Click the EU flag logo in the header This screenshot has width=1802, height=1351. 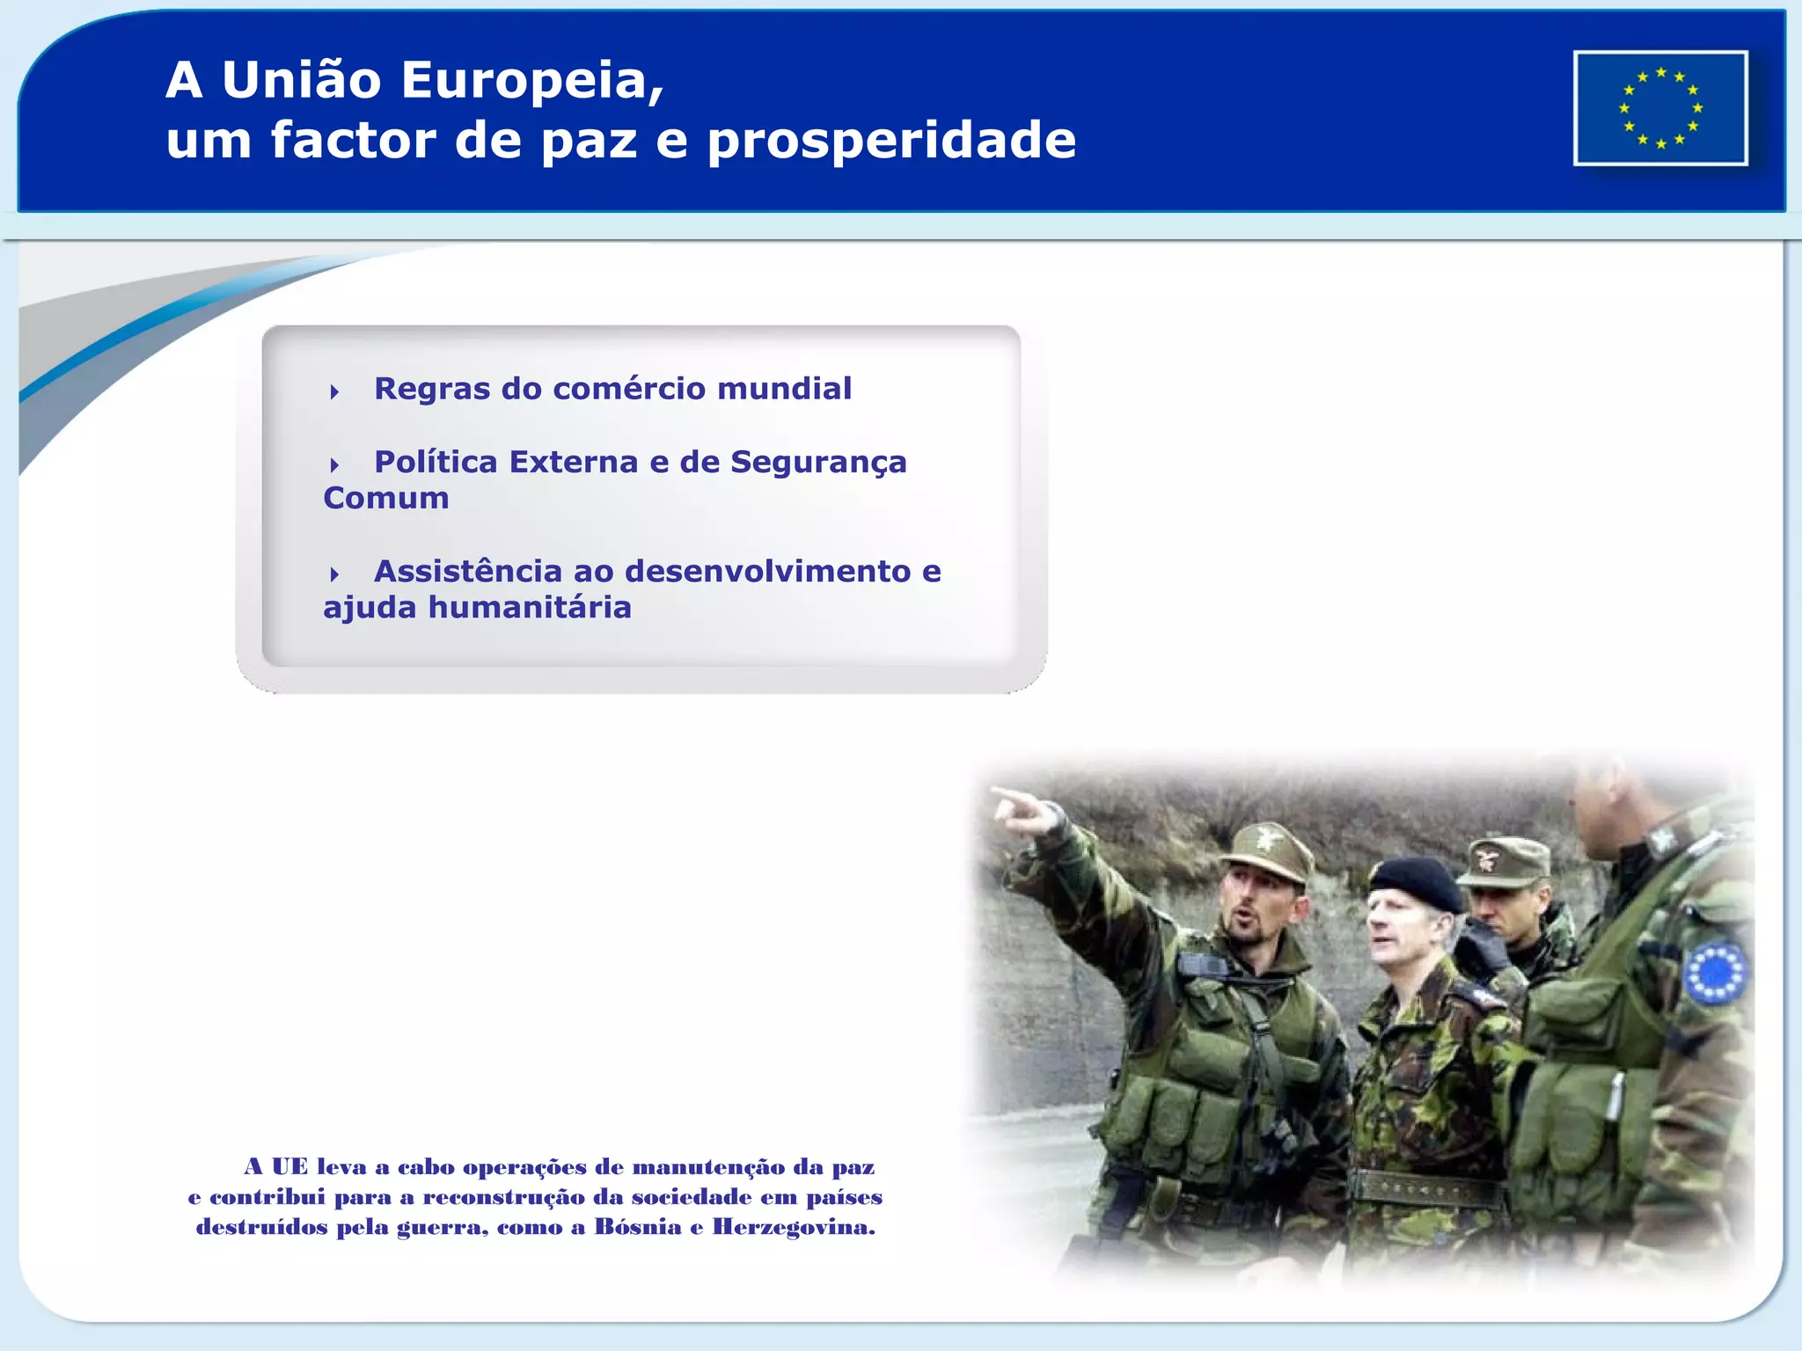[1660, 108]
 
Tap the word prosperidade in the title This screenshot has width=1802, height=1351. [891, 140]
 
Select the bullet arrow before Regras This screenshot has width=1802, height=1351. [334, 391]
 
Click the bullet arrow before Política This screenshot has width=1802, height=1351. [334, 464]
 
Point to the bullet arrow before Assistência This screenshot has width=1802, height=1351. [334, 574]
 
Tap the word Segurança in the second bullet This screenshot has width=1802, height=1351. [818, 463]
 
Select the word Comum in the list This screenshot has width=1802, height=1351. [386, 499]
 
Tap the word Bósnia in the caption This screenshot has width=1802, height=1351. [638, 1227]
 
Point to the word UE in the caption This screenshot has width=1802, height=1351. [289, 1167]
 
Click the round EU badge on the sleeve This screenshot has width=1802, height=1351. [1713, 973]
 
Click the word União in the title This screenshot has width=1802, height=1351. [301, 80]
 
